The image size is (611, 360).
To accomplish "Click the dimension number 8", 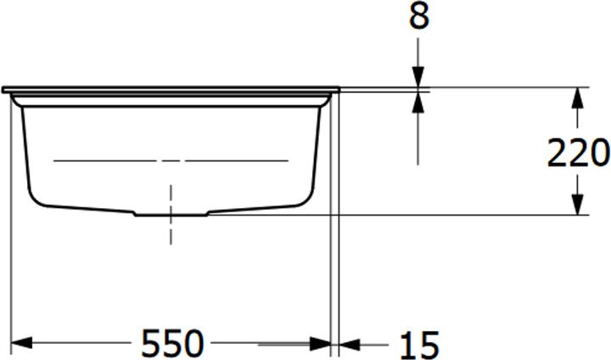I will tap(420, 16).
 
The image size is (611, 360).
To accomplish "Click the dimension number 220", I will tap(578, 153).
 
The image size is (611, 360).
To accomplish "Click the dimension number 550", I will tap(172, 344).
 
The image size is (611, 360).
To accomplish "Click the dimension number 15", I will tap(418, 346).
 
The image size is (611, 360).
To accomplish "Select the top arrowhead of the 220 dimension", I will tap(578, 97).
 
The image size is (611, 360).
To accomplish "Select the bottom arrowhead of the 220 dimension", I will tap(578, 205).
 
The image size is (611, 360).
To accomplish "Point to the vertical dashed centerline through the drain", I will tap(172, 229).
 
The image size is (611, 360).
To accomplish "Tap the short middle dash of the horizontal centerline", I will tap(172, 160).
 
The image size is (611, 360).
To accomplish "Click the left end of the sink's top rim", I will tap(4, 88).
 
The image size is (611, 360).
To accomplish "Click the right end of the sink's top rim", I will tap(338, 88).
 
